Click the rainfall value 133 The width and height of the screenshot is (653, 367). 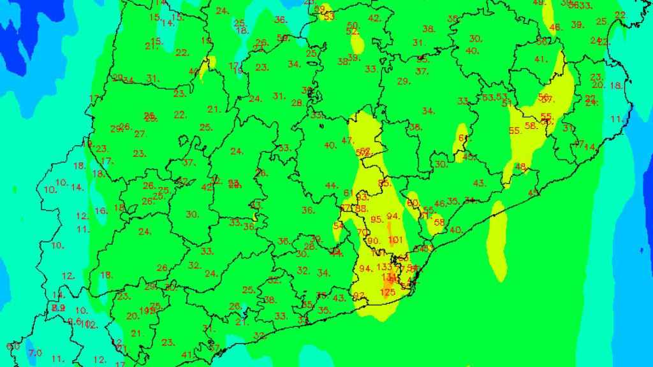pos(385,267)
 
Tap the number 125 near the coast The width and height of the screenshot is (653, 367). pos(388,292)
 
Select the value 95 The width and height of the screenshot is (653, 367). pos(376,220)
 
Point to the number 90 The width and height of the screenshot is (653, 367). pos(373,241)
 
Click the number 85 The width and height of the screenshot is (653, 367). pos(384,184)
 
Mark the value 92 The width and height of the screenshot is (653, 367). pos(359,296)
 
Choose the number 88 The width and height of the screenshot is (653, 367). pos(362,209)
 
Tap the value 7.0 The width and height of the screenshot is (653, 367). pos(34,352)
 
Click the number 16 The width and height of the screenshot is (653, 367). pos(100,211)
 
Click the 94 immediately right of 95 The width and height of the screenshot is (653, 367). pos(393,216)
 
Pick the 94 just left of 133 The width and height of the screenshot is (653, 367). pos(365,268)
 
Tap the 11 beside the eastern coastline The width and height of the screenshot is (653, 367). pos(616,119)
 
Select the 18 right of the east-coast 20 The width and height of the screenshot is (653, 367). pos(615,85)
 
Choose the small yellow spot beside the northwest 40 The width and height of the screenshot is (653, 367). pos(205,67)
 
